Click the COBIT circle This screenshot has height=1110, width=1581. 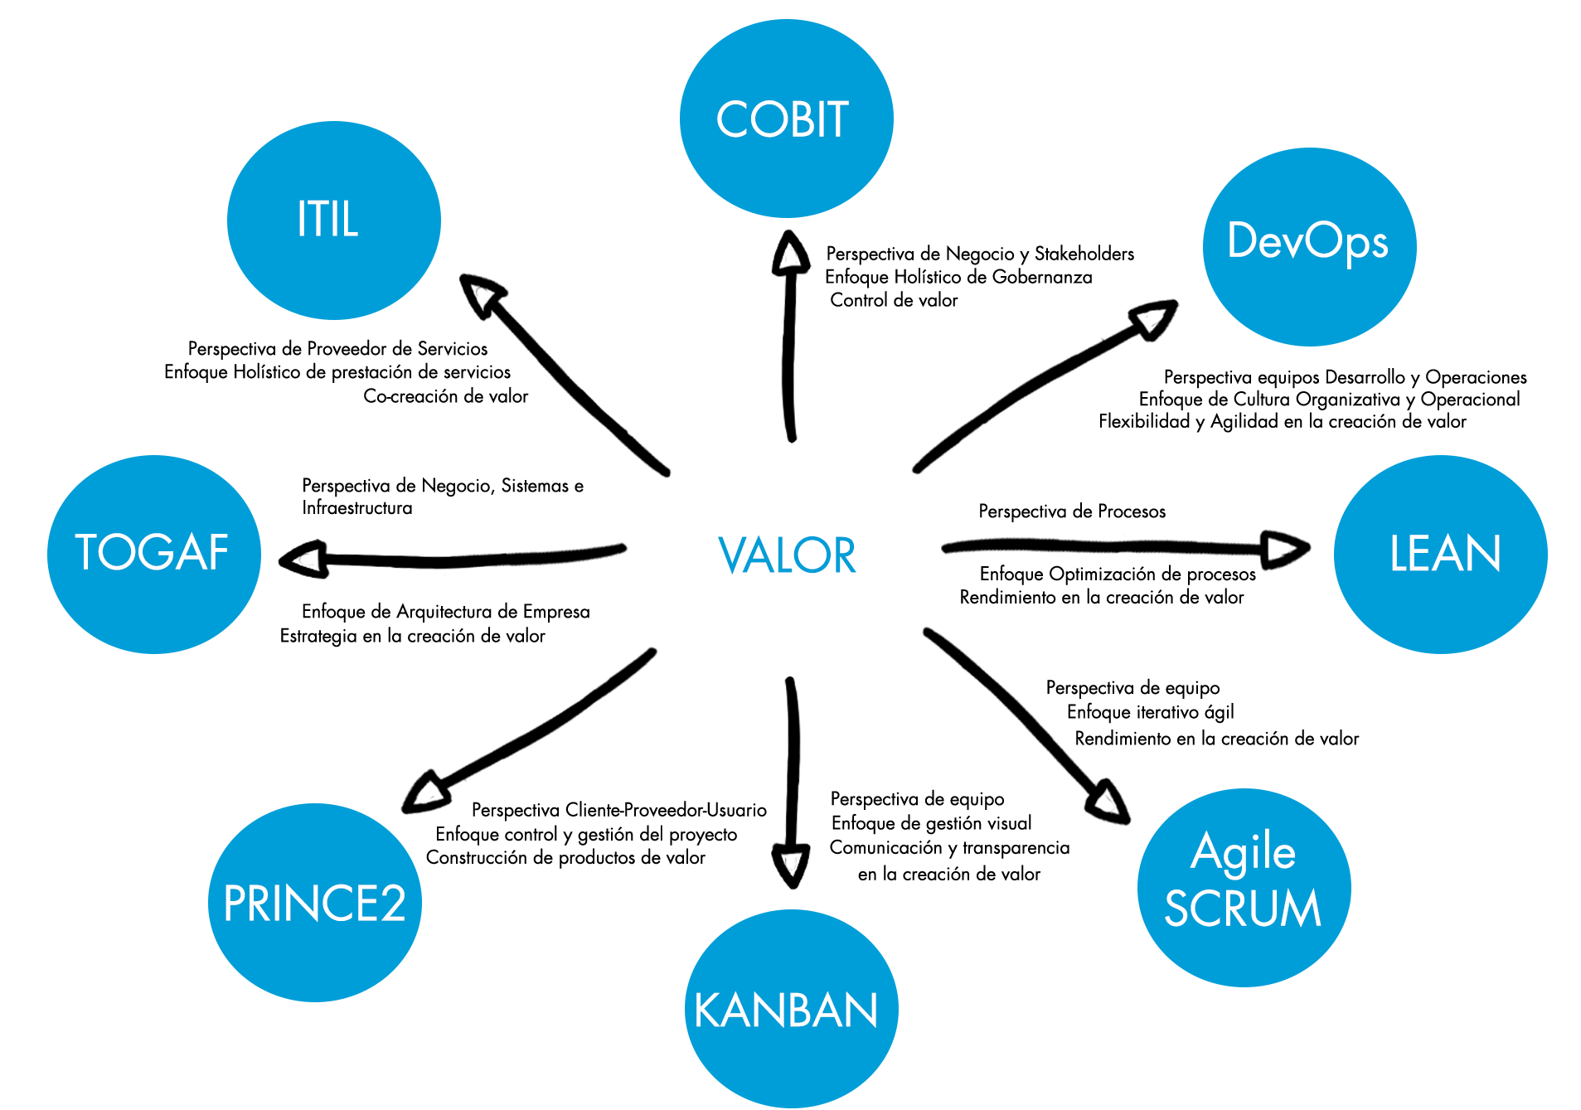tap(786, 119)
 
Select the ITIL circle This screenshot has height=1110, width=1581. tap(333, 221)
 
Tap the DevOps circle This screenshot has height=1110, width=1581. tap(1309, 246)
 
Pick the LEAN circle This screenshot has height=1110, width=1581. tap(1440, 554)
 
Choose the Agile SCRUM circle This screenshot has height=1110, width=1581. tap(1244, 887)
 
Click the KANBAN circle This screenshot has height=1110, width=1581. tap(791, 1009)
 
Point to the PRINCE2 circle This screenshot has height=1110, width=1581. tap(315, 902)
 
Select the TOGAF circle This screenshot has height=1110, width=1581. tap(154, 554)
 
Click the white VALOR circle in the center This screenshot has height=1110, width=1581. tap(786, 554)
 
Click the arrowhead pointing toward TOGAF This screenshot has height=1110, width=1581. tap(303, 560)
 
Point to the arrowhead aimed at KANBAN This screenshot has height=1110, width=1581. tap(791, 865)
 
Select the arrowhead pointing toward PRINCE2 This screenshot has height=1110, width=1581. tap(426, 792)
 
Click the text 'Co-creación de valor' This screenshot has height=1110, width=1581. tap(445, 396)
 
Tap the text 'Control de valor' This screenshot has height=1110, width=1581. tap(894, 300)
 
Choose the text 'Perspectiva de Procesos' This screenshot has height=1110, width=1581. tap(1072, 511)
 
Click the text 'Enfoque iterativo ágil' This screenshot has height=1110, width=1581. tap(1150, 712)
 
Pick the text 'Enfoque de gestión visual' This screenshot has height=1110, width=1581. tap(931, 823)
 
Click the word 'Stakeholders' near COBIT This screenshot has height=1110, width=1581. tap(1084, 254)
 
